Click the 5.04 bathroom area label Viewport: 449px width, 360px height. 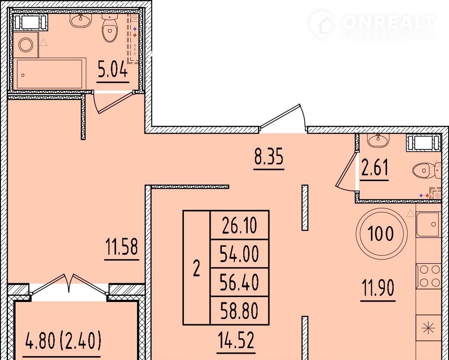click(113, 70)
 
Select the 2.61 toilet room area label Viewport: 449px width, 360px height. click(374, 168)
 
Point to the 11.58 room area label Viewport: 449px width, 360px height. click(122, 247)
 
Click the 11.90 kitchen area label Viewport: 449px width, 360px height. click(378, 288)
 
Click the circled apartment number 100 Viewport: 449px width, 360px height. click(382, 234)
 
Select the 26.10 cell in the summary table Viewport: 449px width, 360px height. click(239, 225)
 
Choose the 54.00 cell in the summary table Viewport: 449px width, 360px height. click(239, 254)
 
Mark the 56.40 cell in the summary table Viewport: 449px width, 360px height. click(239, 282)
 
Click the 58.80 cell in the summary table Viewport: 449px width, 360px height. click(239, 310)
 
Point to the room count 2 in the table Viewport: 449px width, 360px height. click(196, 269)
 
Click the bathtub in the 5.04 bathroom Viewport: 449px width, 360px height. click(50, 74)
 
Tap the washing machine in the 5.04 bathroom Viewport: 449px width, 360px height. click(26, 45)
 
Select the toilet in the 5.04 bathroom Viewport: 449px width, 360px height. click(109, 28)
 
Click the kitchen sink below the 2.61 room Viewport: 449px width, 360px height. click(428, 225)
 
